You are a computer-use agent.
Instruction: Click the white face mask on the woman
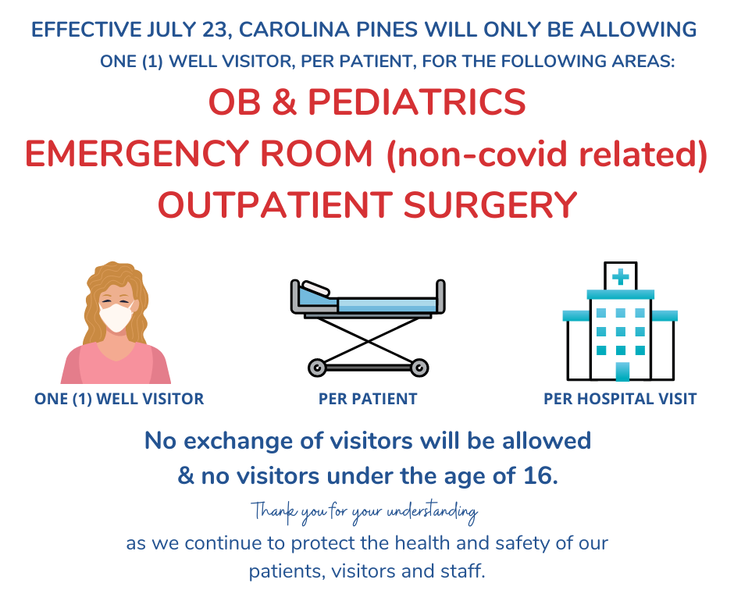coord(116,318)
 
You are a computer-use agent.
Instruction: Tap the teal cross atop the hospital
coord(620,277)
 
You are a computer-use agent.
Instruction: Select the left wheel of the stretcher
coord(317,368)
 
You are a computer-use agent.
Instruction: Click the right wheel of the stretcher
coord(419,368)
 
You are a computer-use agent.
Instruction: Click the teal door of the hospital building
coord(622,371)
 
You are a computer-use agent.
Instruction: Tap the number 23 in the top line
coord(215,30)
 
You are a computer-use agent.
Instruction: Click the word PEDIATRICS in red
coord(417,102)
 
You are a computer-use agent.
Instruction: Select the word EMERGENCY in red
coord(136,154)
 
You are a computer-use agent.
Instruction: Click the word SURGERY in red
coord(490,204)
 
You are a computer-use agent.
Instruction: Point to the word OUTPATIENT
coord(275,204)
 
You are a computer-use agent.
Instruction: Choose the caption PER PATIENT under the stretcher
coord(368,399)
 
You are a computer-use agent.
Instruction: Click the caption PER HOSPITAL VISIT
coord(620,399)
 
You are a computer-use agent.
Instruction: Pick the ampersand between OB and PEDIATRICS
coord(284,102)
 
